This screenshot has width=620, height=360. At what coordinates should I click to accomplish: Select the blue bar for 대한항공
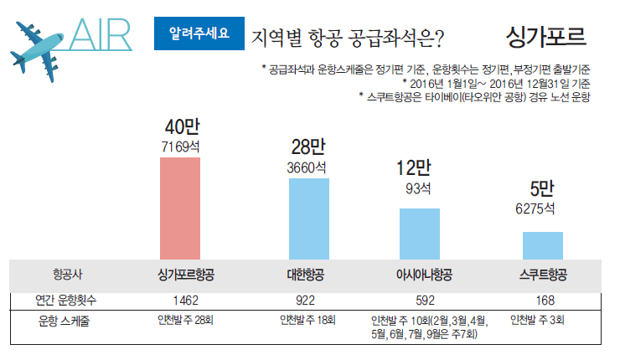(x=309, y=219)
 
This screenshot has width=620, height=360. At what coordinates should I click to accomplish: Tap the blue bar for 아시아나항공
(x=419, y=234)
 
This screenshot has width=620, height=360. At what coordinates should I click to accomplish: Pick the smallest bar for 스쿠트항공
(x=542, y=245)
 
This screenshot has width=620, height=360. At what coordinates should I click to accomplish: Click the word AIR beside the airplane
(x=101, y=35)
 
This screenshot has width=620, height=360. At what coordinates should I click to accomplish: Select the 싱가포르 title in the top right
(x=546, y=36)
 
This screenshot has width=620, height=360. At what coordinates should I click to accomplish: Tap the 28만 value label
(x=308, y=147)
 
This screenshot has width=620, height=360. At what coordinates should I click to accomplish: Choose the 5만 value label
(x=541, y=188)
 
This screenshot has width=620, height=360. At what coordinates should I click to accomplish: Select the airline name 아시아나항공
(x=424, y=275)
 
